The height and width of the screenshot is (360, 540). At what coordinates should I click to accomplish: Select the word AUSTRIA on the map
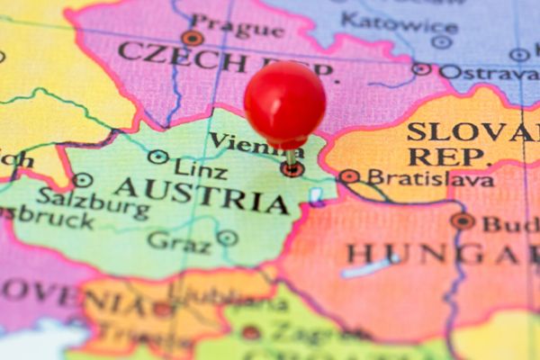[x=202, y=194]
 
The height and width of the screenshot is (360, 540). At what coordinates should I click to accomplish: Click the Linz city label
[x=201, y=166]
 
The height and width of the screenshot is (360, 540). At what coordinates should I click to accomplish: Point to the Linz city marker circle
[x=158, y=157]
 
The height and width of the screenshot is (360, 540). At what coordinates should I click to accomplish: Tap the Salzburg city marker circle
[x=82, y=180]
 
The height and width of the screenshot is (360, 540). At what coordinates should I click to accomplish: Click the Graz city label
[x=179, y=240]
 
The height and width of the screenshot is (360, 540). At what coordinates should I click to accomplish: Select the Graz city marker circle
[x=227, y=238]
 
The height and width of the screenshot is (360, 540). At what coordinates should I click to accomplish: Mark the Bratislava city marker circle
[x=348, y=176]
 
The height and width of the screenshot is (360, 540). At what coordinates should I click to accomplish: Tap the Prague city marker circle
[x=192, y=38]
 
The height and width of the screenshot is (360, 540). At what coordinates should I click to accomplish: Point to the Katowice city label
[x=400, y=22]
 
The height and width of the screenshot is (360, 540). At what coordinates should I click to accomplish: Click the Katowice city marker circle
[x=441, y=41]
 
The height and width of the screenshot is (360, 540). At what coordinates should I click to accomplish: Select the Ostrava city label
[x=488, y=71]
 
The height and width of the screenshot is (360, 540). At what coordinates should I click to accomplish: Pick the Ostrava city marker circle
[x=421, y=68]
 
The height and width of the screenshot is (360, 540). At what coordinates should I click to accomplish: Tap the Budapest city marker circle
[x=463, y=220]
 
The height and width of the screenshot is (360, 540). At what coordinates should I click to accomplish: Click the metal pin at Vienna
[x=291, y=159]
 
